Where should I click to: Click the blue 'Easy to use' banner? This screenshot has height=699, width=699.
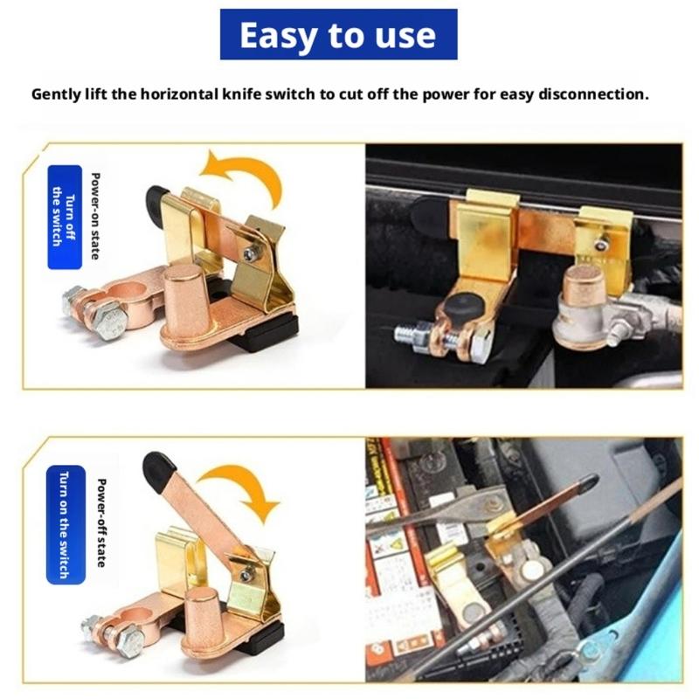coord(338,35)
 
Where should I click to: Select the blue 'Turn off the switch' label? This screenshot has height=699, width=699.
coord(64,217)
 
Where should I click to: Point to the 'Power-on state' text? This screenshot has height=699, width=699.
coord(95,217)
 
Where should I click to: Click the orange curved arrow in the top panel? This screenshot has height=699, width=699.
coord(246,171)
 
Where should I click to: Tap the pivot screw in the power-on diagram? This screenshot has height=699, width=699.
coord(252,253)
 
